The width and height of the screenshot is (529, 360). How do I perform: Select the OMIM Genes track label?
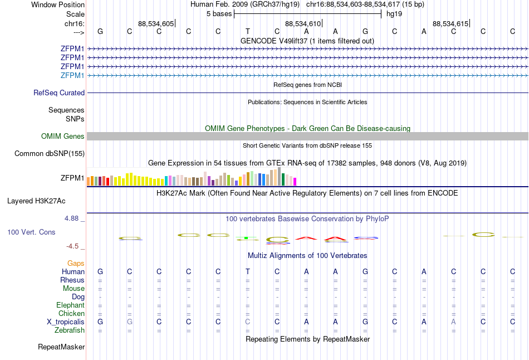pos(63,137)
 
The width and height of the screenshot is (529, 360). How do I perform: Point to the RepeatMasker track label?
pos(61,347)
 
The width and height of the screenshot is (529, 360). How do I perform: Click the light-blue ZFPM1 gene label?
pos(72,75)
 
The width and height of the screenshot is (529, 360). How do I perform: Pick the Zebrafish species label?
pos(70,330)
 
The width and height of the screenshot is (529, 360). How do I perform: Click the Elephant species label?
pos(70,305)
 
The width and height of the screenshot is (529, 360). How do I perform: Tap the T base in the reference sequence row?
pos(247,31)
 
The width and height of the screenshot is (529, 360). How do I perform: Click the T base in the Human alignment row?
pos(247,271)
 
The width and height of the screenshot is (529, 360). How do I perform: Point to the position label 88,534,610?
pos(303,24)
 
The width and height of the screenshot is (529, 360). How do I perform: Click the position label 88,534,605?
pos(156,24)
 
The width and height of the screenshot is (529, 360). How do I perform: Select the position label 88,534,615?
pos(450,24)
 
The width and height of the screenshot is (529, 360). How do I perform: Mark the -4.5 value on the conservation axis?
pos(72,246)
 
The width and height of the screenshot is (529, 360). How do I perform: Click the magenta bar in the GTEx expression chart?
pos(295,181)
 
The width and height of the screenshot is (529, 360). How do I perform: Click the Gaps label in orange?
pos(76,263)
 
